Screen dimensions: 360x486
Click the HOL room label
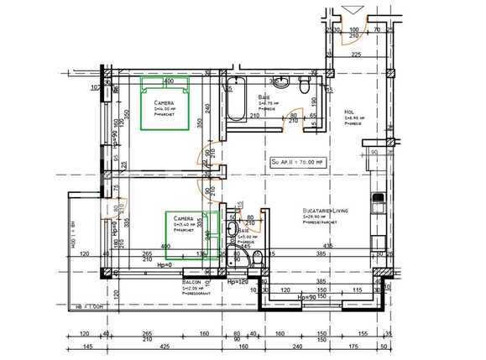click(x=349, y=112)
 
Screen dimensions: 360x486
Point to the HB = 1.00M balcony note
click(x=86, y=306)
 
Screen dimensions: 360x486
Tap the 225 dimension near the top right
click(x=355, y=55)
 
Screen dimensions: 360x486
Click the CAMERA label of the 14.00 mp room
click(x=153, y=102)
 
